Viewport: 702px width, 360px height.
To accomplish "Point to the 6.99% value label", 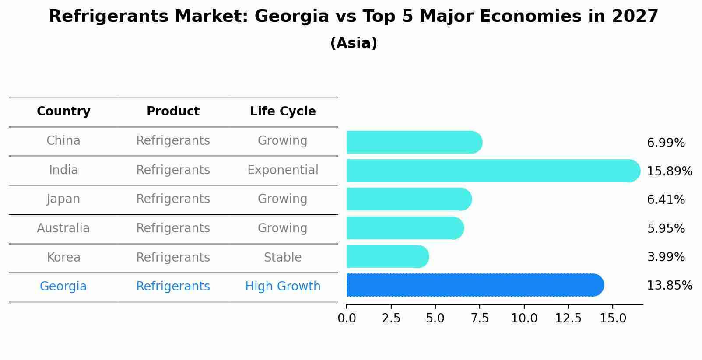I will pyautogui.click(x=666, y=143).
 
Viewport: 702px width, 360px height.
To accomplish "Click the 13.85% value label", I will pyautogui.click(x=669, y=286).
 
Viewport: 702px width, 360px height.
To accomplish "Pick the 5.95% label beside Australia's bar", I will pyautogui.click(x=666, y=228).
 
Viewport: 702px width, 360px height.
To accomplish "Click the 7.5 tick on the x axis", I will pyautogui.click(x=480, y=318).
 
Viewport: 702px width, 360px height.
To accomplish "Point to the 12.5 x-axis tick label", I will pyautogui.click(x=568, y=318).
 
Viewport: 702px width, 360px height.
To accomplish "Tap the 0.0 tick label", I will pyautogui.click(x=347, y=318).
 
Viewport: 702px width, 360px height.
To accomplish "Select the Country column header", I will pyautogui.click(x=63, y=112).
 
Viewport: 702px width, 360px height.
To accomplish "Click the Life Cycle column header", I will pyautogui.click(x=283, y=112).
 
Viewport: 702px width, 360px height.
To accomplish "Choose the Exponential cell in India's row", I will pyautogui.click(x=283, y=170).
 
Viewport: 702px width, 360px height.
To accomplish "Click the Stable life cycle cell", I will pyautogui.click(x=283, y=258).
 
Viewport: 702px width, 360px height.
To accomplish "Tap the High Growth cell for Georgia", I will pyautogui.click(x=283, y=287).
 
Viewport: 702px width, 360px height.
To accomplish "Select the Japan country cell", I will pyautogui.click(x=63, y=199).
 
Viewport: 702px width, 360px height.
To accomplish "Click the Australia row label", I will pyautogui.click(x=63, y=228).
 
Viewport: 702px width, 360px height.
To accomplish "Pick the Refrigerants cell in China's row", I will pyautogui.click(x=173, y=141).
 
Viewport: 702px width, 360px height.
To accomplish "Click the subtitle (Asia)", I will pyautogui.click(x=354, y=43).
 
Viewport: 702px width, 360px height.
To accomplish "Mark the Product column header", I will pyautogui.click(x=173, y=112).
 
